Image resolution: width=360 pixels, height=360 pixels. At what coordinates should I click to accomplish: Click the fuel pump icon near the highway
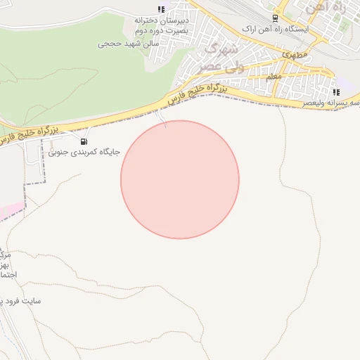pyautogui.click(x=84, y=141)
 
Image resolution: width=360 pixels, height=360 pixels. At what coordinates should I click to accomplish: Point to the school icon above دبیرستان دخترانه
pyautogui.click(x=161, y=9)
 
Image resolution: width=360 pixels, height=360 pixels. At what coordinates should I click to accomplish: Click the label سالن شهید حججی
pyautogui.click(x=129, y=44)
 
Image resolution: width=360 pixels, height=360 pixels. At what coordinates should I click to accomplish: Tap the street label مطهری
pyautogui.click(x=290, y=53)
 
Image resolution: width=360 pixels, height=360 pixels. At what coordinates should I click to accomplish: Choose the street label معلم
pyautogui.click(x=274, y=75)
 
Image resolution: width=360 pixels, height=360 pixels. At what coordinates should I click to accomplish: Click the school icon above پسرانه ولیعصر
pyautogui.click(x=336, y=92)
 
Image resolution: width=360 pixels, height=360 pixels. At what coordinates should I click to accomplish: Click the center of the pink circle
pyautogui.click(x=180, y=179)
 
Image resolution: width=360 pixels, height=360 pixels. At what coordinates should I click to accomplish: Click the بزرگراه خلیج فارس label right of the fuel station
pyautogui.click(x=193, y=95)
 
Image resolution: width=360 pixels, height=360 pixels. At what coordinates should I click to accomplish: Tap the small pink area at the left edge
pyautogui.click(x=11, y=210)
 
